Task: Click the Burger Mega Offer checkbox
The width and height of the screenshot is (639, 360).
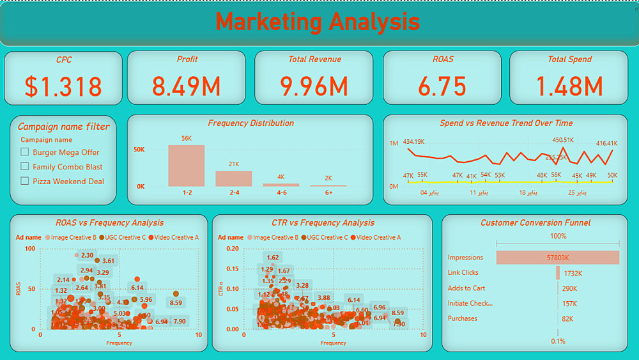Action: pos(25,152)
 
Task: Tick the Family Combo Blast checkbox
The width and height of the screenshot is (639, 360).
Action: pos(25,167)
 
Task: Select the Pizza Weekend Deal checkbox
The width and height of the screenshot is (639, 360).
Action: pos(25,182)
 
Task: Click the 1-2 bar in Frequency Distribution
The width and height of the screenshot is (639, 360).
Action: pos(187,166)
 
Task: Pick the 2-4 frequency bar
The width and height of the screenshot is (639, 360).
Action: pos(234,178)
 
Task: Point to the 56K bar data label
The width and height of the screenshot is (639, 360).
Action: pos(187,139)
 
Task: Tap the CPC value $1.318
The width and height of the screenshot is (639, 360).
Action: pos(63,86)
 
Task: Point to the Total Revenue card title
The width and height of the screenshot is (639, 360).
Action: pos(314,59)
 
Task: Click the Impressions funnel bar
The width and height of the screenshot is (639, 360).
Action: pos(557,258)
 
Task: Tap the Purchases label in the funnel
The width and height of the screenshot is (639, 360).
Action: pos(463,318)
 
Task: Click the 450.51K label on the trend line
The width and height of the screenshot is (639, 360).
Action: pos(563,140)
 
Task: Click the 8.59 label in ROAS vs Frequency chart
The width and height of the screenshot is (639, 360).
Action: pos(176,303)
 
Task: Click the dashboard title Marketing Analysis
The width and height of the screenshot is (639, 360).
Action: pos(318,22)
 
